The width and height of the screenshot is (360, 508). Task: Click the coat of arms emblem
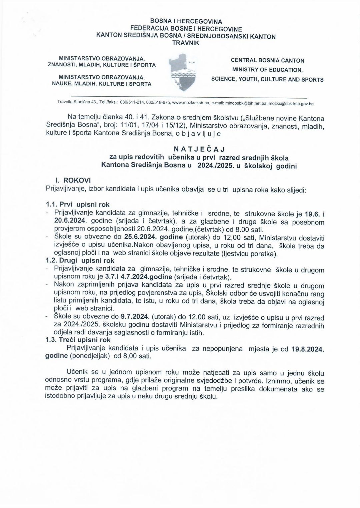183,72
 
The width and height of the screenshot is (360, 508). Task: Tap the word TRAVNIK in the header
186,43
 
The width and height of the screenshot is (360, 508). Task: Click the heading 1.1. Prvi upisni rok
78,205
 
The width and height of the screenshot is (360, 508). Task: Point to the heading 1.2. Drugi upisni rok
80,260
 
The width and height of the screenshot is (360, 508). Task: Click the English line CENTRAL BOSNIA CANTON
267,61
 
